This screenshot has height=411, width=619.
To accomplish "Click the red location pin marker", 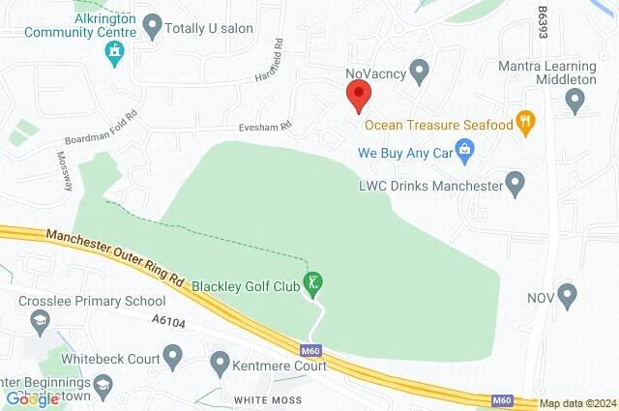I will pos(359,95).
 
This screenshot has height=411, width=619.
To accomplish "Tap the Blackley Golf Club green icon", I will pos(312,283).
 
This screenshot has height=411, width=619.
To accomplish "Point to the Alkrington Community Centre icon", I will pos(115,51).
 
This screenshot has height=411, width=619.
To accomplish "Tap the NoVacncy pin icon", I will pos(419,70).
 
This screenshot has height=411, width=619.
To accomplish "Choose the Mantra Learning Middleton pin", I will pos(577,97).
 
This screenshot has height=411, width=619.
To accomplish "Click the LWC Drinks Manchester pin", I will pos(516,182).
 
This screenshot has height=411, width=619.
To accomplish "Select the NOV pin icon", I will pos(568,293).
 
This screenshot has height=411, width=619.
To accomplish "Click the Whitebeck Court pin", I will pos(173,358).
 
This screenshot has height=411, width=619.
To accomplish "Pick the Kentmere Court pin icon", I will pos(220,367).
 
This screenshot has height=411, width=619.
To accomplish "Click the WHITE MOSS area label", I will pos(268,399).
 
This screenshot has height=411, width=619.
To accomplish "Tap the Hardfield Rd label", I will pos(269,60).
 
